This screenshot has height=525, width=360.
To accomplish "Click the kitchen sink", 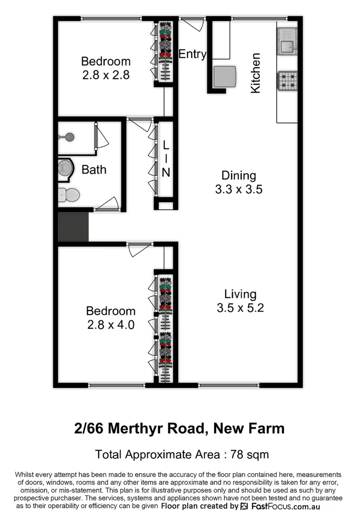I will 287,46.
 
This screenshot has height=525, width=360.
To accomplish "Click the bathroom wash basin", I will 65,168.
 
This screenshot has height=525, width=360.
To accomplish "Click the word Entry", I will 192,54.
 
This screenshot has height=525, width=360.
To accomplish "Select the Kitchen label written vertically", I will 255,73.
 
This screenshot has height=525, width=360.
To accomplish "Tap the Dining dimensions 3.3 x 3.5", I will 238,189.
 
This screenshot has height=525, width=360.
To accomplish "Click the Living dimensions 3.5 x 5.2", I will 240,308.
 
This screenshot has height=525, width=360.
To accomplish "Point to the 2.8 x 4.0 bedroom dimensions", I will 110,325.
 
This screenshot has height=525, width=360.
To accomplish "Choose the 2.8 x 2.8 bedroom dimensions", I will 106,75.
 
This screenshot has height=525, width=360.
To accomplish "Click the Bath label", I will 94,170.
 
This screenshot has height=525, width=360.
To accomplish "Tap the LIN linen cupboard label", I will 166,158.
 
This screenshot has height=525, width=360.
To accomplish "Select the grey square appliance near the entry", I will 225,76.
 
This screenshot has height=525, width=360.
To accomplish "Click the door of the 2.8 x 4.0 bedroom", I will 139,250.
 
